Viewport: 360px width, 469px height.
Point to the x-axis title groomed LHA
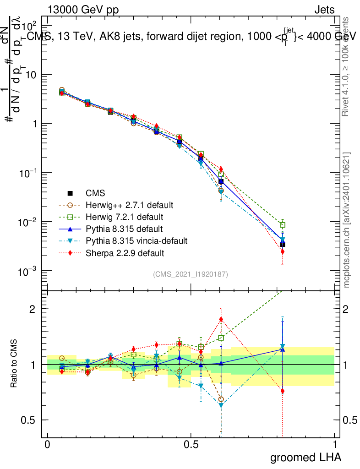305,457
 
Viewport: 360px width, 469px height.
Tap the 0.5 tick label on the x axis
191,445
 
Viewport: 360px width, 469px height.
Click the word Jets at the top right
324,10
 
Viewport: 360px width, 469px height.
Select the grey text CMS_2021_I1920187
191,274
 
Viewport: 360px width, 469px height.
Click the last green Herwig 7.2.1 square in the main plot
283,225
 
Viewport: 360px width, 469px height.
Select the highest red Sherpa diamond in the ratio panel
221,319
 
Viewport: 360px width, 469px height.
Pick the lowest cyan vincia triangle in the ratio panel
221,405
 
